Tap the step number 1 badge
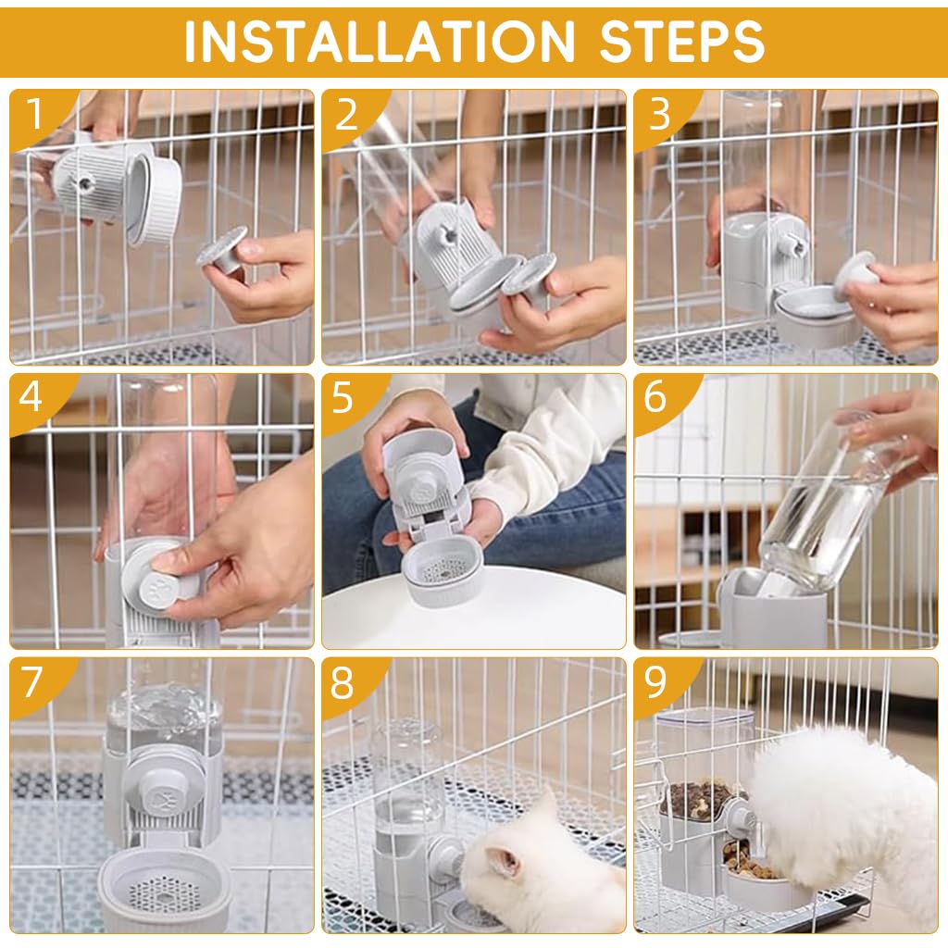pos(34,114)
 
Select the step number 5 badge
pos(344,399)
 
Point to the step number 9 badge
pos(656,683)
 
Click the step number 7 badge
pos(33,683)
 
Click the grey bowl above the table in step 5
pos(444,571)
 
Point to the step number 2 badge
pos(345,114)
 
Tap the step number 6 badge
pos(656,399)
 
